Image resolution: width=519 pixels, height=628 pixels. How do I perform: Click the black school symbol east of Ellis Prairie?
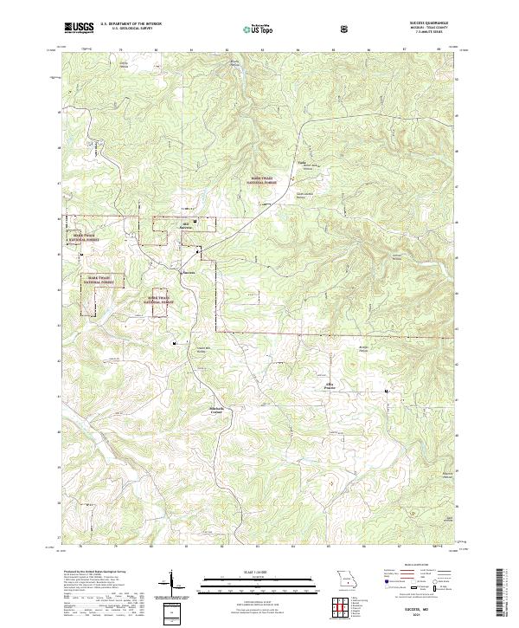tap(387, 392)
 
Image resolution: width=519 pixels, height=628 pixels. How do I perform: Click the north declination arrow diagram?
tap(172, 582)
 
